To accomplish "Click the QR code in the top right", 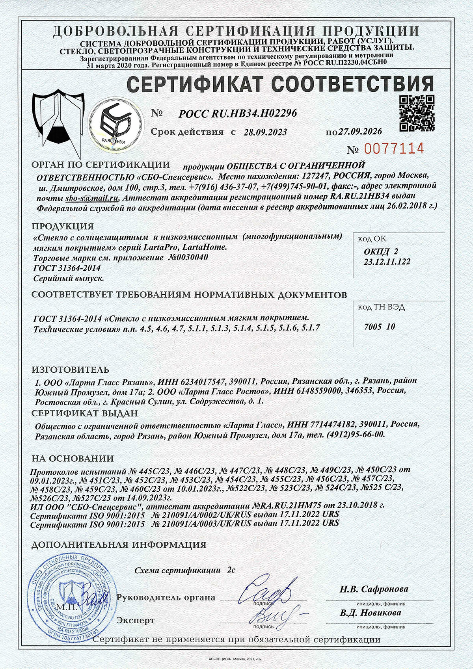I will click(x=417, y=113).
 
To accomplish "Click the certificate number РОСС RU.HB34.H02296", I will click(x=238, y=113).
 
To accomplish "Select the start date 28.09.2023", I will click(x=265, y=132).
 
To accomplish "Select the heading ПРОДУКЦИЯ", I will click(x=63, y=227).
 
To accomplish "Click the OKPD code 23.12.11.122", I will click(x=387, y=262).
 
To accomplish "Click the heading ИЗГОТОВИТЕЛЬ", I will click(x=70, y=370).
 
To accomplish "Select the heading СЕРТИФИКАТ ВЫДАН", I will click(x=85, y=413).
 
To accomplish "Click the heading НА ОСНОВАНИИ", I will click(x=73, y=458).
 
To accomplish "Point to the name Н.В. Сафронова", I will click(x=374, y=589).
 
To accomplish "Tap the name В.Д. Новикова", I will click(x=371, y=613).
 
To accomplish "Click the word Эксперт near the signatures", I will click(x=135, y=621).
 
